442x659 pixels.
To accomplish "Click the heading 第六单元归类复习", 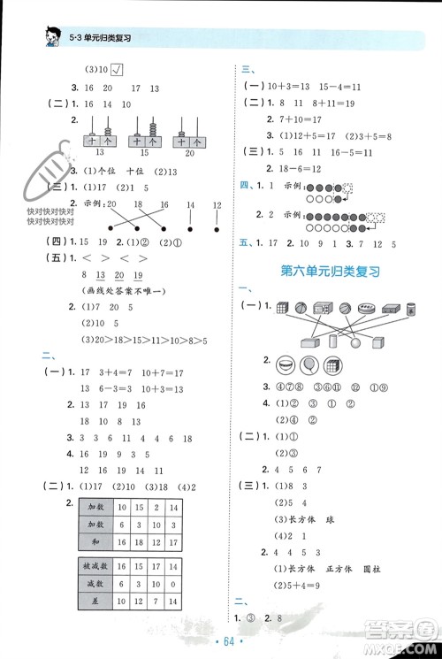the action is tap(329, 272).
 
